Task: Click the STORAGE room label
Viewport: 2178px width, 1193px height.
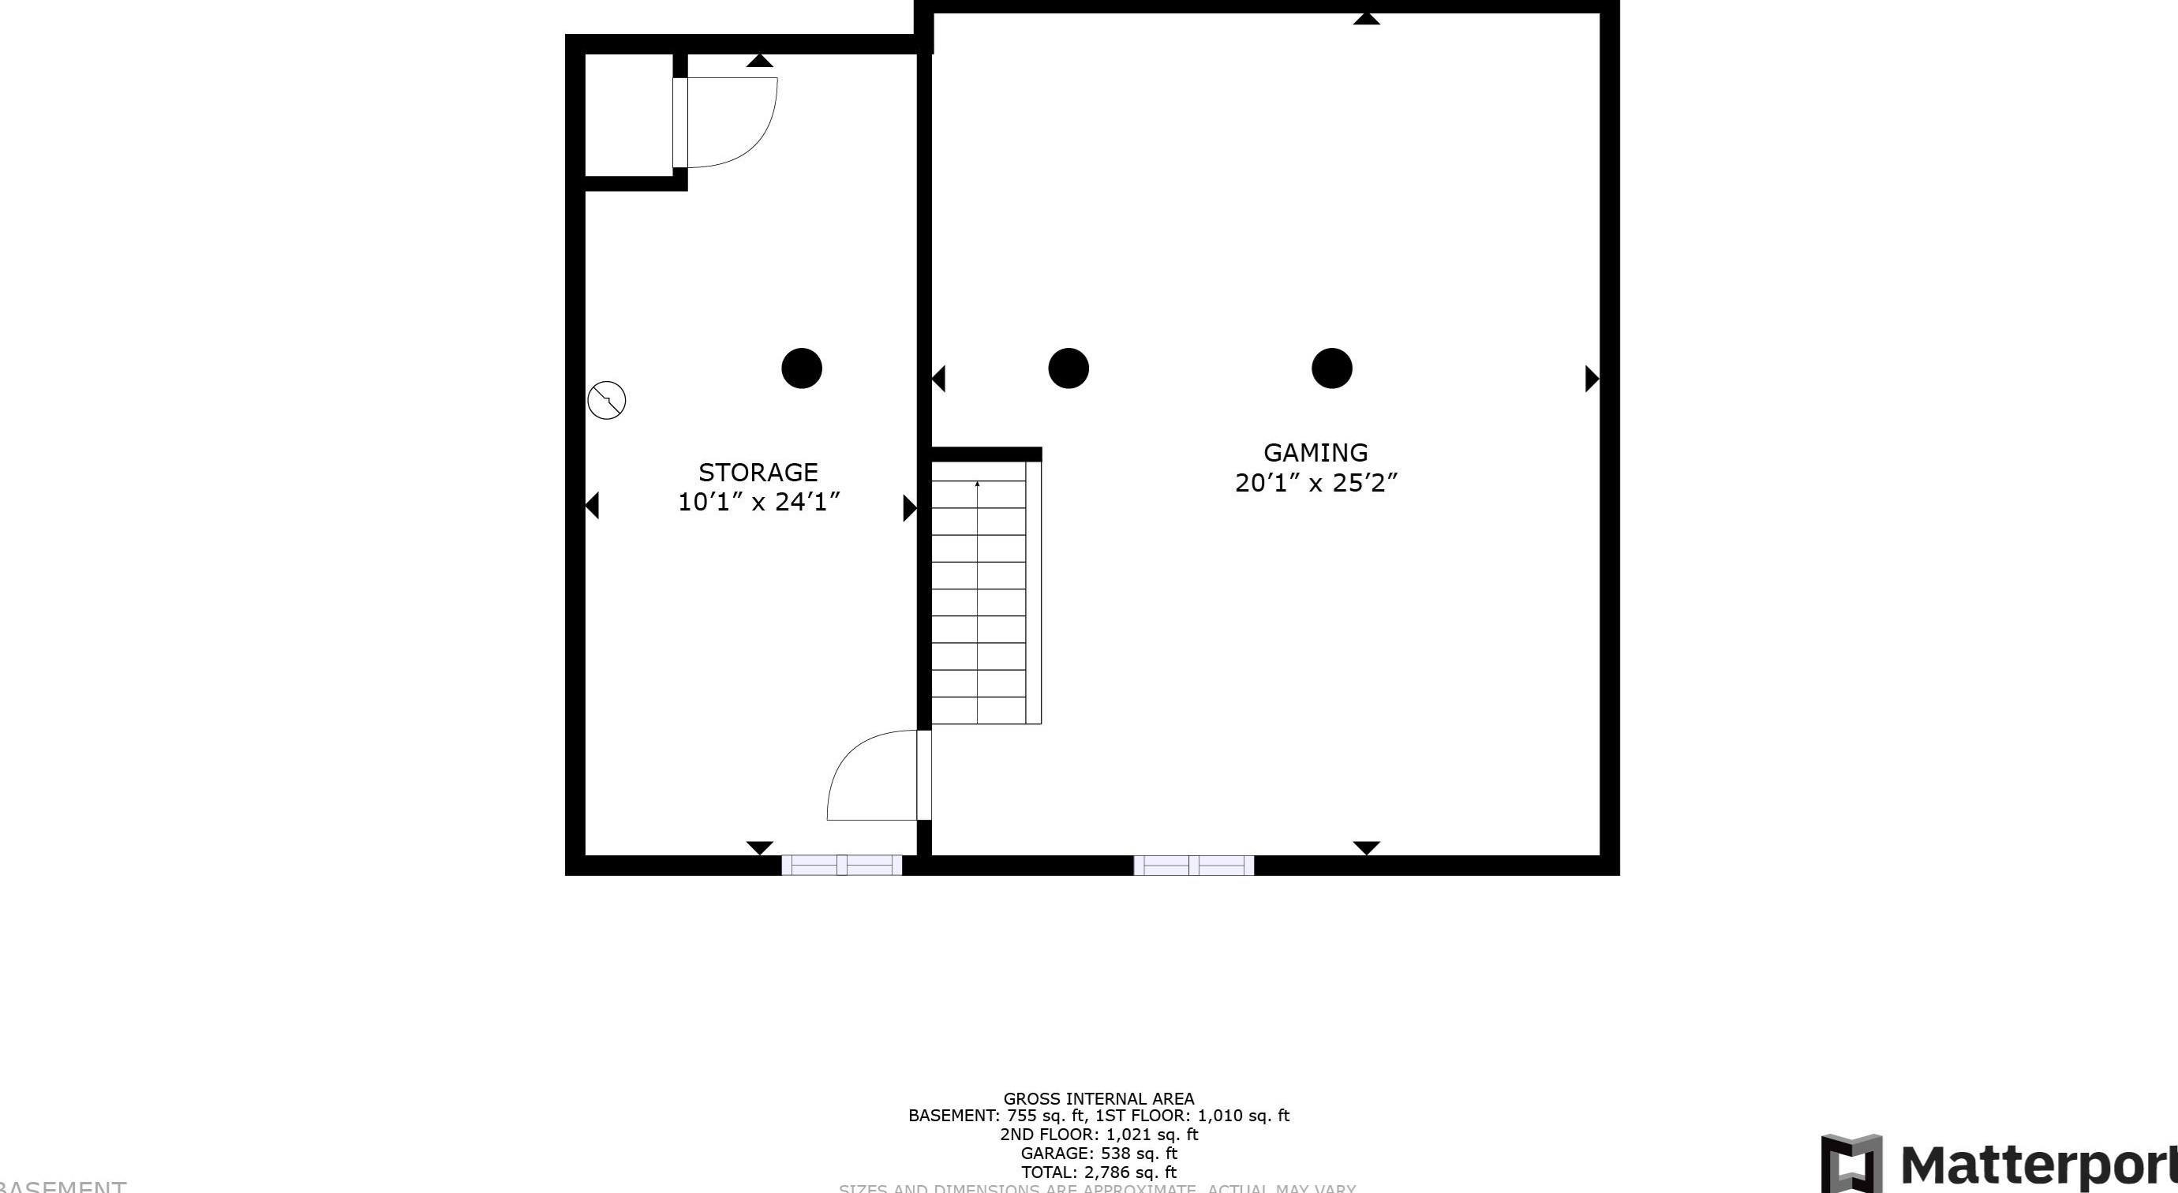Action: tap(758, 472)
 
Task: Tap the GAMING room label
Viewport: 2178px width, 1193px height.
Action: tap(1315, 452)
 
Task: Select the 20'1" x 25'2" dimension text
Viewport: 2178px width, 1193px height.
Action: tap(1315, 483)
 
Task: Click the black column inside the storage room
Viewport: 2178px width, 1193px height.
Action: tap(802, 368)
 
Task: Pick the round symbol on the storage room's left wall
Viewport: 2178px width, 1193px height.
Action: tap(606, 400)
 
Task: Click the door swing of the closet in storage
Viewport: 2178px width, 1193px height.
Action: tap(732, 122)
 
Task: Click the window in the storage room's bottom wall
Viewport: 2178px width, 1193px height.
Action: tap(841, 865)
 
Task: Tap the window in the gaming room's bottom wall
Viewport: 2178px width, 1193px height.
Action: tap(1193, 865)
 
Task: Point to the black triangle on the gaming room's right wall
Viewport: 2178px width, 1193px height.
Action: tap(1591, 379)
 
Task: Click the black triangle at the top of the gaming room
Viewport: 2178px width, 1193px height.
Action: tap(1366, 19)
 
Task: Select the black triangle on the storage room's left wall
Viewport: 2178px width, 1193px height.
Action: tap(593, 506)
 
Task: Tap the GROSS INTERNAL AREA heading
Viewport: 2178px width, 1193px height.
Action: tap(1098, 1098)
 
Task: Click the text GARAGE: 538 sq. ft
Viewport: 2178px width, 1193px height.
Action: tap(1098, 1154)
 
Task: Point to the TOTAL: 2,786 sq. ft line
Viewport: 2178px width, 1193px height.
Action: tap(1098, 1172)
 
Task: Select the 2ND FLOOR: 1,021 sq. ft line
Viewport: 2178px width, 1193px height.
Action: tap(1098, 1135)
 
